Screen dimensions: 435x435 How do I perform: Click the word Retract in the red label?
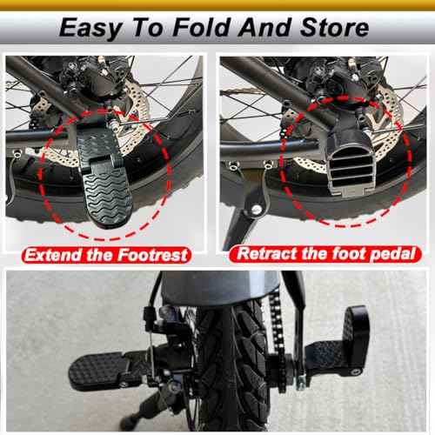[267, 255]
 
